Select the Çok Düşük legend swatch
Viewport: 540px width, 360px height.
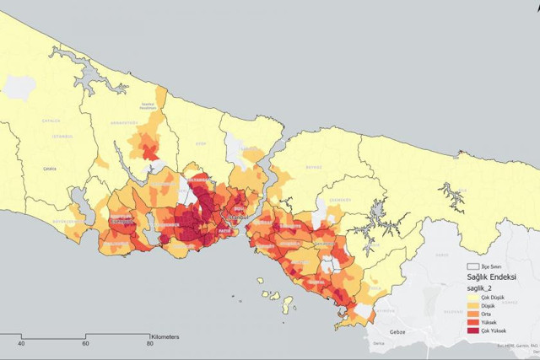click(x=472, y=297)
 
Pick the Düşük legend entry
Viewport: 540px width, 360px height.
click(x=472, y=305)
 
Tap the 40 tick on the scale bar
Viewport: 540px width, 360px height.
click(x=21, y=343)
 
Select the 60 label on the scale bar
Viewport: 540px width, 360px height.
click(x=85, y=343)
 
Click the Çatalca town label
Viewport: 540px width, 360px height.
click(x=50, y=169)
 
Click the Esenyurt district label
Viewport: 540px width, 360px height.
click(x=118, y=223)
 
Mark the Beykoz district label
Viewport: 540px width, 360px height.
click(x=314, y=168)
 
